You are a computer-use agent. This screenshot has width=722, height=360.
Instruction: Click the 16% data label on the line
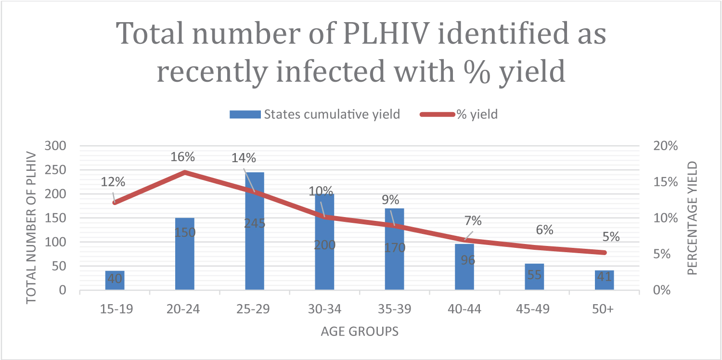(183, 157)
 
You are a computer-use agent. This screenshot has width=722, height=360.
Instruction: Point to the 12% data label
(113, 182)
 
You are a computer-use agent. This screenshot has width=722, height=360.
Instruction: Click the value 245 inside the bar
(255, 223)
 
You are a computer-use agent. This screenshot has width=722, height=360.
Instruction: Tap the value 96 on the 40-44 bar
(465, 260)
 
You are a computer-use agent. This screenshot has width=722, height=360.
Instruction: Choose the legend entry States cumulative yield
(315, 115)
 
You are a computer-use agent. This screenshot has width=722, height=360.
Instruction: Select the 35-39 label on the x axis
(395, 309)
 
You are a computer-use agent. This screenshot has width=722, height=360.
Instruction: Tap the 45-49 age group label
(534, 309)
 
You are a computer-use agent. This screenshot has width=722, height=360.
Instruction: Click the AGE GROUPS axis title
(360, 332)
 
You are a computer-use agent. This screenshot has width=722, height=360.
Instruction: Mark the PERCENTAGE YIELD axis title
(692, 218)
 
